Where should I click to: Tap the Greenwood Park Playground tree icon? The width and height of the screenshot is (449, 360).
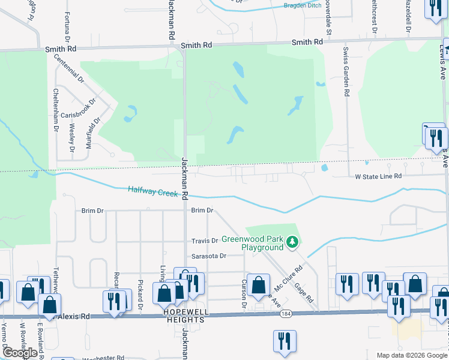[x=292, y=242]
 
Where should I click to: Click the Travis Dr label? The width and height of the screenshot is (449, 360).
[x=204, y=241]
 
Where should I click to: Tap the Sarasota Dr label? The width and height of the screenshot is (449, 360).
[x=208, y=256]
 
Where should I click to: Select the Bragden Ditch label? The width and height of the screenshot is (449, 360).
[x=303, y=5]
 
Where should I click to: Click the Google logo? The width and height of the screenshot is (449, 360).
[x=20, y=352]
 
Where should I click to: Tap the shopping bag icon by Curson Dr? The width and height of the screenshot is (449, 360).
[x=259, y=286]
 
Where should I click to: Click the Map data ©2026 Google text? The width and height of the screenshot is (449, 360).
[x=412, y=355]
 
